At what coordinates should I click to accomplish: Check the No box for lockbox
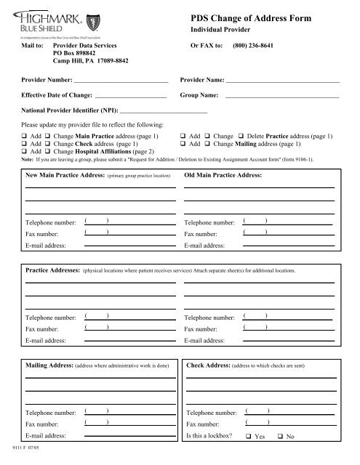(281, 436)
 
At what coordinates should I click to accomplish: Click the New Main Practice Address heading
(65, 176)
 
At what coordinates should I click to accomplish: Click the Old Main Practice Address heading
(222, 176)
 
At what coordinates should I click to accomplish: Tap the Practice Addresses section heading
(53, 270)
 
